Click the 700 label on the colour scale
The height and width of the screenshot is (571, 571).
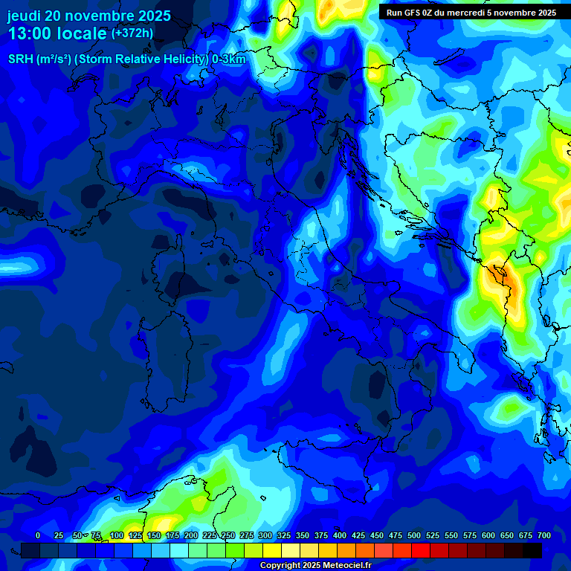click(x=544, y=535)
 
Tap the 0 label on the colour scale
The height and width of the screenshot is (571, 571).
click(x=38, y=535)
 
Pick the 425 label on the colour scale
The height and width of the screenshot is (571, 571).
click(x=340, y=535)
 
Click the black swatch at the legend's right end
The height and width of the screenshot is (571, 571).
click(x=532, y=550)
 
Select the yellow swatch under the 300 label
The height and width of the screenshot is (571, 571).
click(x=272, y=550)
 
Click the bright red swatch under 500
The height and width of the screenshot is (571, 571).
click(x=421, y=550)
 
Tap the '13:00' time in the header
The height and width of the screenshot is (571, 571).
click(x=29, y=33)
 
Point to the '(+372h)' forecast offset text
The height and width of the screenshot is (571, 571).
click(x=132, y=33)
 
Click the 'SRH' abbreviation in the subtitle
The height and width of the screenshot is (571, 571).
click(x=19, y=59)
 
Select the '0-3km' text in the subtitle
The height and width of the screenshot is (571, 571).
click(x=228, y=59)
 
